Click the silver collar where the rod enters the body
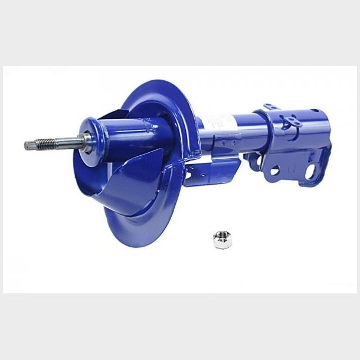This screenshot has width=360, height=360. click(87, 140)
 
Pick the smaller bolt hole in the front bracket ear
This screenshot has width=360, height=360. click(274, 171)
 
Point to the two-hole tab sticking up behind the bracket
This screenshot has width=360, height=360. click(270, 107)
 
